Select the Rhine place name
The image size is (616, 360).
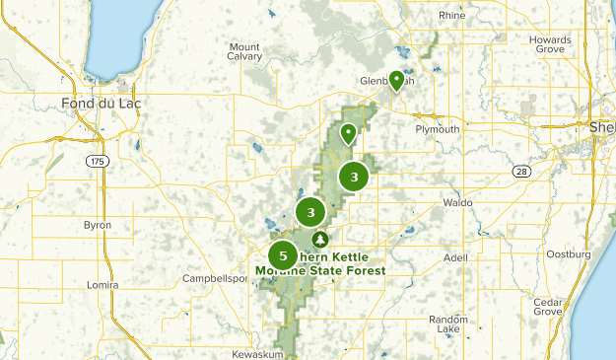coord(452,16)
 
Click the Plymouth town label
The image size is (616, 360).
coord(438,129)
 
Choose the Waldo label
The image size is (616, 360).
coord(458,202)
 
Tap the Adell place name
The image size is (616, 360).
coord(455,257)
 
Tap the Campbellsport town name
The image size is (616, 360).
coord(216,279)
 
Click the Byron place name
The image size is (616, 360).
coord(98,226)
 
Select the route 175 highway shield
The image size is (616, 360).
coord(96,161)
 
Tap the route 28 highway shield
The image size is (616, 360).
coord(521,172)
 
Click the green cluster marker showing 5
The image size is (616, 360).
coord(283,255)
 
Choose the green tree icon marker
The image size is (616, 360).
coord(319,240)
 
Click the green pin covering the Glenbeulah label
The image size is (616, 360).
coord(396,81)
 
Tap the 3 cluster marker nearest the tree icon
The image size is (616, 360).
coord(310,212)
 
